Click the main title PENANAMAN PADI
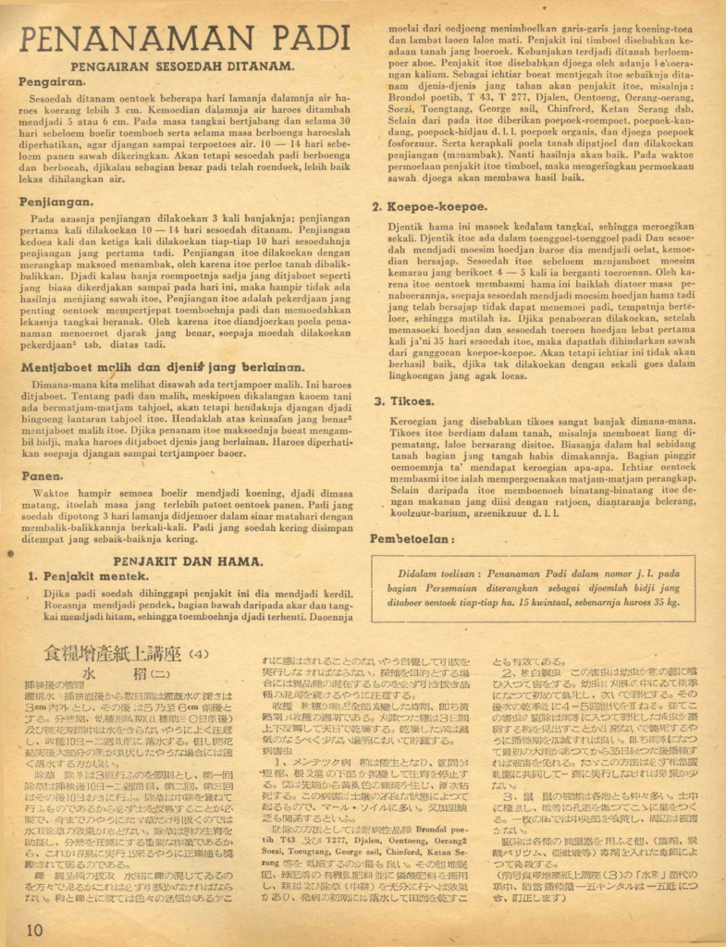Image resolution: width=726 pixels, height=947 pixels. point(184,41)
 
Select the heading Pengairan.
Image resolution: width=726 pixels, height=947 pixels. point(51,81)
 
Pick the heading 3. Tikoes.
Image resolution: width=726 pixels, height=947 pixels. point(404,401)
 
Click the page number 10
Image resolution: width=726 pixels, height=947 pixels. point(35,928)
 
